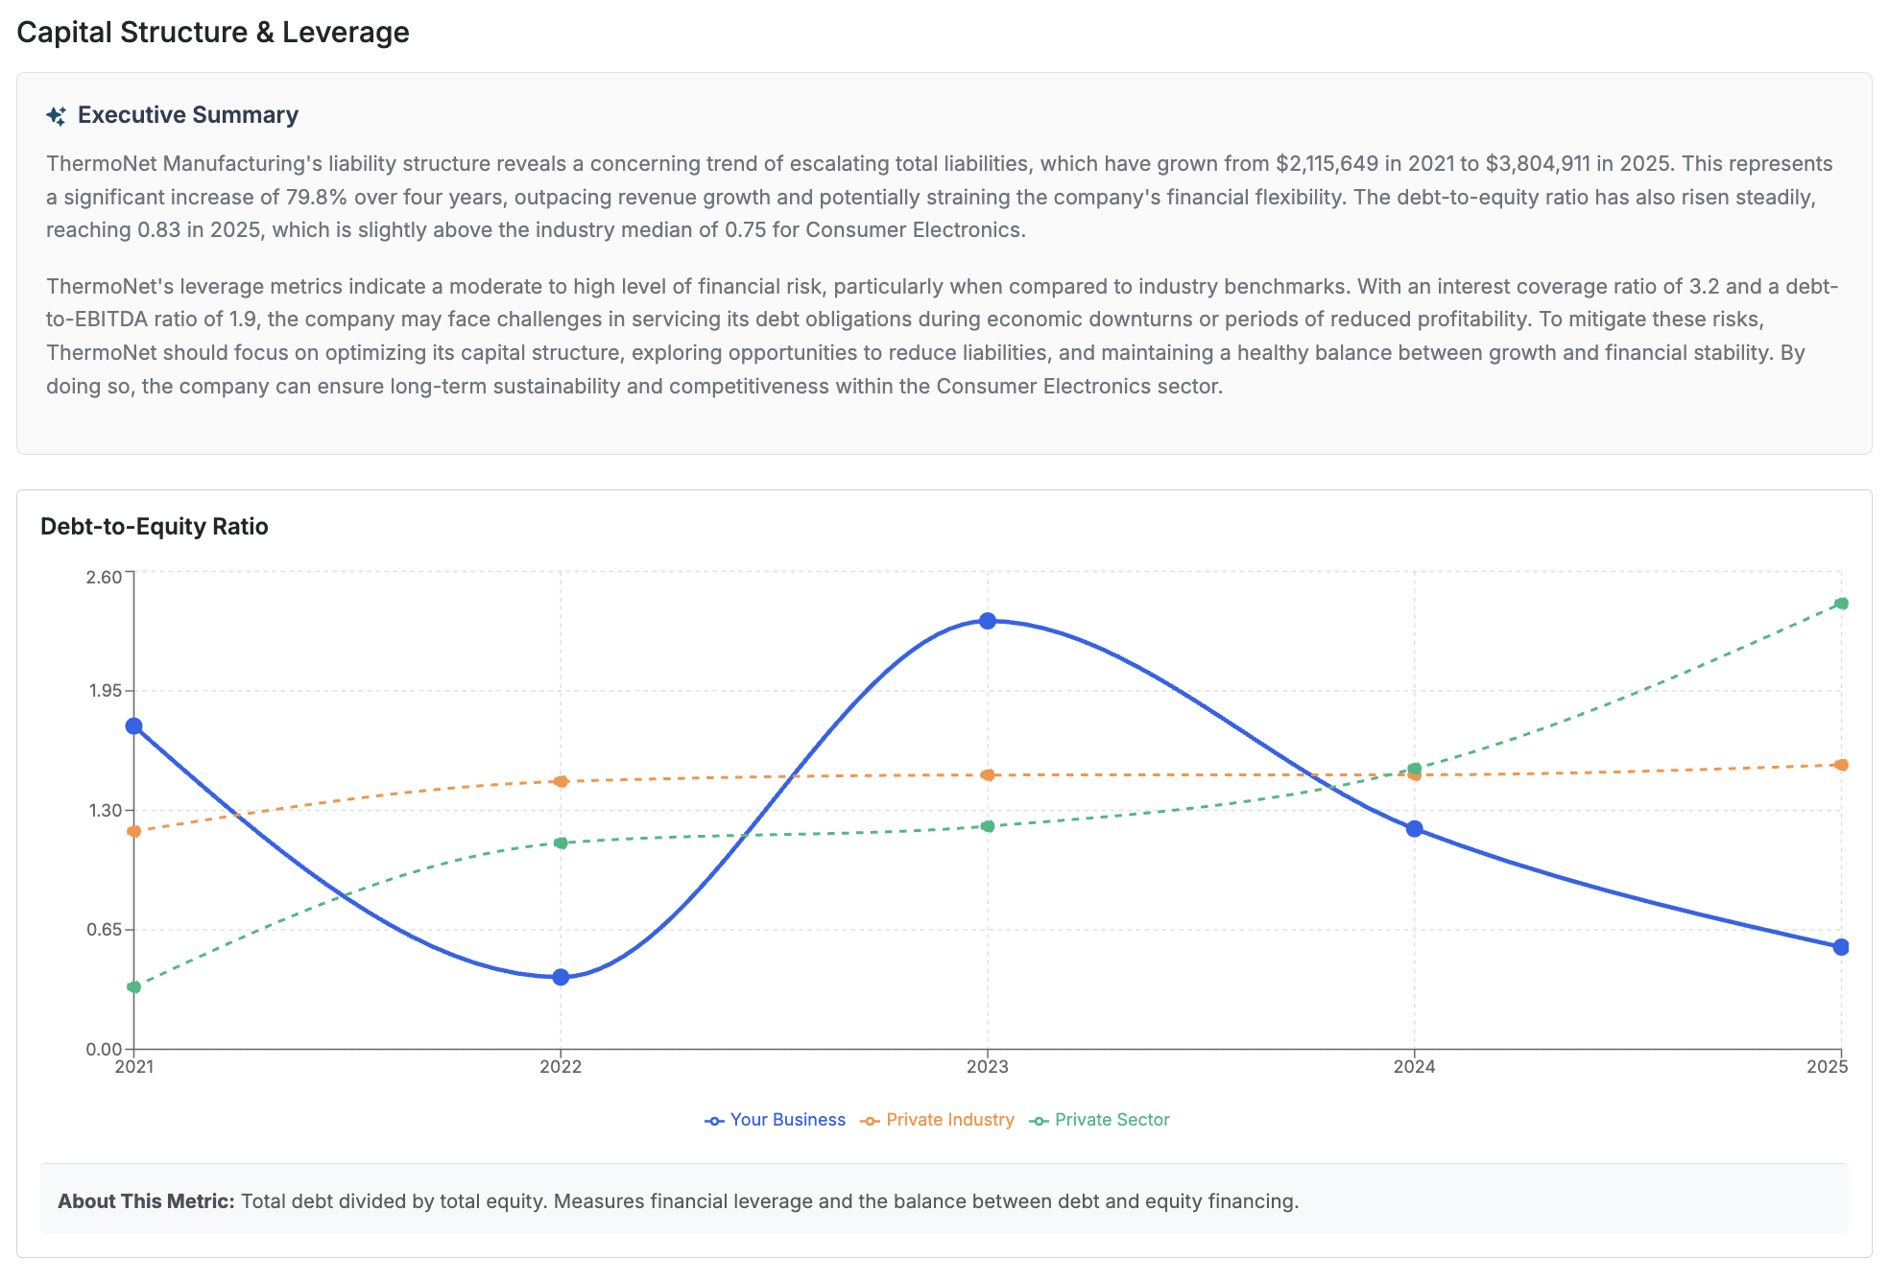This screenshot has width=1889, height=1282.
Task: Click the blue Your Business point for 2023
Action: coord(988,621)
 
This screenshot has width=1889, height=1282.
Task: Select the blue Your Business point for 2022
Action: coord(561,977)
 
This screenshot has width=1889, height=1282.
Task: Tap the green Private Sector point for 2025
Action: coord(1841,604)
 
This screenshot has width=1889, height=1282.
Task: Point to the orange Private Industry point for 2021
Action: coord(134,831)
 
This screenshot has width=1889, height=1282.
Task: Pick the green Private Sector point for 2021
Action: coord(134,986)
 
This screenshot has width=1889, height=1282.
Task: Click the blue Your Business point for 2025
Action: coord(1841,947)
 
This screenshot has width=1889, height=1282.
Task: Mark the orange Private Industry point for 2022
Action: coord(561,781)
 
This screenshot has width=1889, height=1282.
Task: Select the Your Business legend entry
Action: coord(776,1120)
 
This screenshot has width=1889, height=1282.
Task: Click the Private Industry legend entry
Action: coord(938,1120)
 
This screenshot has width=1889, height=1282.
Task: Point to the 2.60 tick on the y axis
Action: coord(104,577)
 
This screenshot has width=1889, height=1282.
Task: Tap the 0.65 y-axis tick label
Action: coord(104,930)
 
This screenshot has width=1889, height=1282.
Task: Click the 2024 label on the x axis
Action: coord(1414,1067)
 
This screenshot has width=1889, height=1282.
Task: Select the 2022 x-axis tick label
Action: coord(561,1067)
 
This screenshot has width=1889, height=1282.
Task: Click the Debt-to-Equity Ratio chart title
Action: coord(155,527)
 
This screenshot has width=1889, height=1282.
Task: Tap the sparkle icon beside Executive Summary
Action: coord(57,116)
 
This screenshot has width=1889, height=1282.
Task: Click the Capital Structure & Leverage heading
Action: coord(213,33)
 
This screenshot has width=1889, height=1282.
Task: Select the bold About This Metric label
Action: coord(146,1201)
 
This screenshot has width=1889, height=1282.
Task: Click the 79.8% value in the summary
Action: coord(316,198)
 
